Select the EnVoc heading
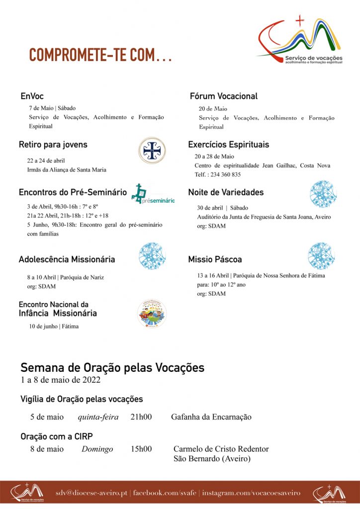pyautogui.click(x=32, y=96)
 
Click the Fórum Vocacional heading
pyautogui.click(x=224, y=96)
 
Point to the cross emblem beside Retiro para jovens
pyautogui.click(x=152, y=151)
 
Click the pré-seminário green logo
pyautogui.click(x=153, y=195)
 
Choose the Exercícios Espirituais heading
pyautogui.click(x=229, y=145)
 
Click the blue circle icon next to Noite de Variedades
pyautogui.click(x=323, y=194)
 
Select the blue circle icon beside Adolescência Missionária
pyautogui.click(x=152, y=256)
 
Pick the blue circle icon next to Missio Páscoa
pyautogui.click(x=321, y=256)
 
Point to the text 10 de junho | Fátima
pyautogui.click(x=53, y=327)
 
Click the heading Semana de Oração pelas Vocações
pyautogui.click(x=112, y=368)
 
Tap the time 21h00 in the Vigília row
pyautogui.click(x=141, y=417)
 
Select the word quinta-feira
pyautogui.click(x=98, y=417)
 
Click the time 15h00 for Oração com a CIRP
pyautogui.click(x=141, y=449)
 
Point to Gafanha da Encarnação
pyautogui.click(x=211, y=417)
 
